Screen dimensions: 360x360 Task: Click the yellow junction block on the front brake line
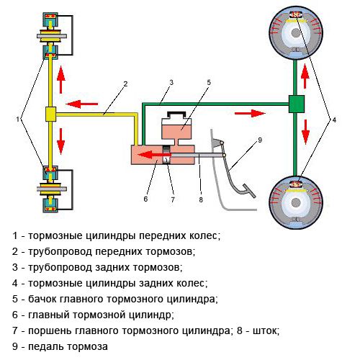pos(50,114)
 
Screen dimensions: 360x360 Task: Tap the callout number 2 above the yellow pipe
pos(125,84)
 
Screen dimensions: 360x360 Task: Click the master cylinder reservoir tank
pos(172,130)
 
